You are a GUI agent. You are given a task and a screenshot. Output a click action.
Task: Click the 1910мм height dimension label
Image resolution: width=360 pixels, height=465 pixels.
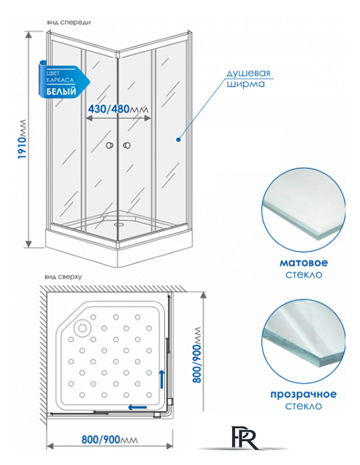coord(23,139)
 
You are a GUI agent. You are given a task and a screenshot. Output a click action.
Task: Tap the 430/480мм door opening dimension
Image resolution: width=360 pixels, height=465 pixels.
coord(118,109)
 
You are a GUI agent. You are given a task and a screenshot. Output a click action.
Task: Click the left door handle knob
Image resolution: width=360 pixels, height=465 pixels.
coord(110,145)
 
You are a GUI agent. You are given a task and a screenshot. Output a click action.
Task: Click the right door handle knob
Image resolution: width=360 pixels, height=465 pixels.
coord(127,145)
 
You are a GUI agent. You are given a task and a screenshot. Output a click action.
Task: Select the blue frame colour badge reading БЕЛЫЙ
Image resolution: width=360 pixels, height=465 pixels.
coord(64,80)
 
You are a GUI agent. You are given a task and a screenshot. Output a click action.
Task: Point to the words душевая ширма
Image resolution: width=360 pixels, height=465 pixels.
coord(248,78)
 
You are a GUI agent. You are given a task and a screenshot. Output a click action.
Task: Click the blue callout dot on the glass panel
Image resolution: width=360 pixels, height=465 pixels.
coord(178,139)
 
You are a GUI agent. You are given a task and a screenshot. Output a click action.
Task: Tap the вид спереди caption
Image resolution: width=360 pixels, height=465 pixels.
coord(69,23)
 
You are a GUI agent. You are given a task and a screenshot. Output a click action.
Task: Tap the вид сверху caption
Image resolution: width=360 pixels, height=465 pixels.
coord(63,277)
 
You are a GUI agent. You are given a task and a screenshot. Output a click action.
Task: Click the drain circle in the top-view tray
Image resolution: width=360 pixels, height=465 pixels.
coord(82,328)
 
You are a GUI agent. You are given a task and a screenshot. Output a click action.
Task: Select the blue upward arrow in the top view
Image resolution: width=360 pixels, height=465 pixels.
coord(161,379)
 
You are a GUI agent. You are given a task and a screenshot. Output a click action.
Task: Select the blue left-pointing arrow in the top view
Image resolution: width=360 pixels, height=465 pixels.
coord(137,407)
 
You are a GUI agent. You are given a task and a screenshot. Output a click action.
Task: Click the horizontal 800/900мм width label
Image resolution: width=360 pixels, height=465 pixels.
coord(110,440)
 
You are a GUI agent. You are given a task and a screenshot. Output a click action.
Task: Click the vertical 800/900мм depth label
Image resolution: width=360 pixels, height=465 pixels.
coord(196,355)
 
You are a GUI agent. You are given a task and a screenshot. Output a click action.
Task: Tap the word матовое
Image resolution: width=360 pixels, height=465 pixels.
coord(303,262)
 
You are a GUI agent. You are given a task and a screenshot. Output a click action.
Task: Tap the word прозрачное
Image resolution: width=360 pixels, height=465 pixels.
coord(303,394)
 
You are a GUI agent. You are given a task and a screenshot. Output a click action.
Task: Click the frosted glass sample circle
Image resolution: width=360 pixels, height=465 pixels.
coord(303,210)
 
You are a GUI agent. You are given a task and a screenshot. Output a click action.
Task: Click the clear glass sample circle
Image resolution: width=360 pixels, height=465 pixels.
coord(304,342)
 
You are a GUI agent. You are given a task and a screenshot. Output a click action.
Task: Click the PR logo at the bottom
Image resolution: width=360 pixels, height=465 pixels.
coord(245,437)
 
